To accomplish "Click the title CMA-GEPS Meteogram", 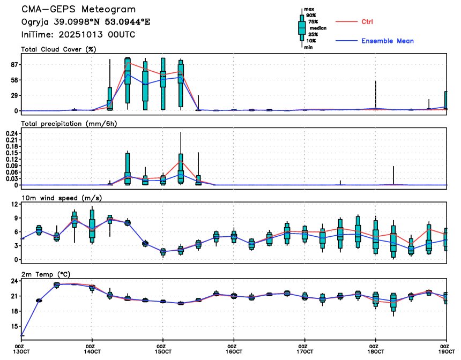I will (78, 10).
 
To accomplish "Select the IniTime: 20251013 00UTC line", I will (78, 34).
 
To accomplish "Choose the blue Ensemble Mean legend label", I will (387, 41).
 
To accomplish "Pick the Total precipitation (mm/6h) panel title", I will (69, 123).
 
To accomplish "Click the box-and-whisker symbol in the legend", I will (302, 27).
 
